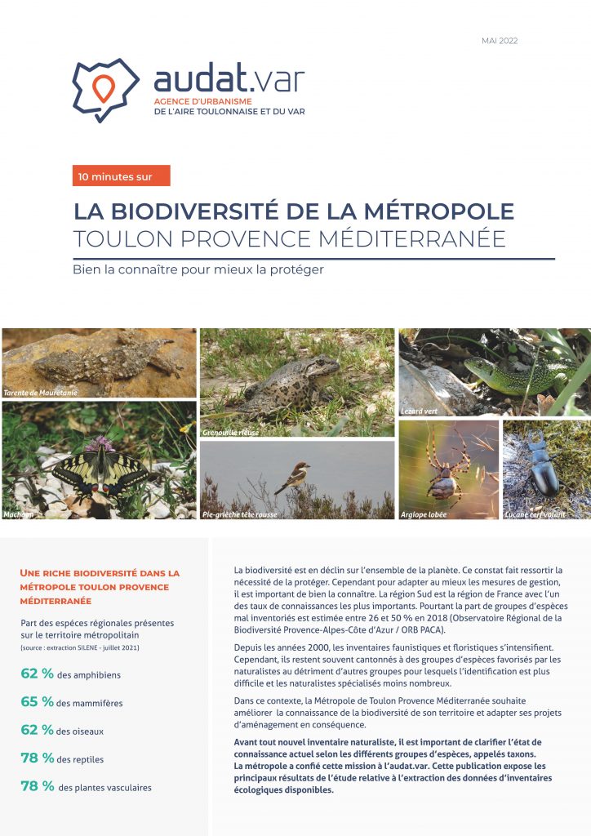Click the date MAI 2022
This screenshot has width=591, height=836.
[x=500, y=41]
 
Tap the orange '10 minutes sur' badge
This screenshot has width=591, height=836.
[x=121, y=176]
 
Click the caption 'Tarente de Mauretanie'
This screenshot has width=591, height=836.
[x=42, y=393]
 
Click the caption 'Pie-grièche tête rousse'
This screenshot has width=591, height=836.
[x=239, y=515]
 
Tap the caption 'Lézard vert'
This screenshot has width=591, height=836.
[x=420, y=411]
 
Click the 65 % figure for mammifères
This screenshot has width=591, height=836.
[x=37, y=702]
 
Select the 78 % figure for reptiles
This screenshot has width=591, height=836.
[x=37, y=758]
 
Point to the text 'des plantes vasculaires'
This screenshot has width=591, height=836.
[x=104, y=788]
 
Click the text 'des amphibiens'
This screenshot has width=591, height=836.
[x=91, y=674]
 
